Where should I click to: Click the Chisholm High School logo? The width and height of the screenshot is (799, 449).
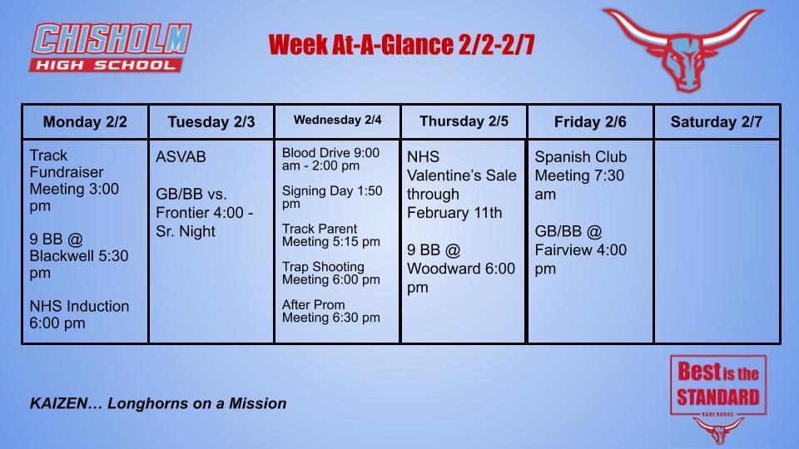(112, 47)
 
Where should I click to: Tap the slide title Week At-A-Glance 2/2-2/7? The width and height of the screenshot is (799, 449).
(401, 45)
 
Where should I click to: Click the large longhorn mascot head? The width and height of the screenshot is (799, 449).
(682, 48)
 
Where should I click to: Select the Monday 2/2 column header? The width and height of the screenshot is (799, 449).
(85, 122)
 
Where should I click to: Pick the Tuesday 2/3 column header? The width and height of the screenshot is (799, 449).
(211, 122)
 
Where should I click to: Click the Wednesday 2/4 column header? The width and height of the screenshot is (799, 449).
(337, 121)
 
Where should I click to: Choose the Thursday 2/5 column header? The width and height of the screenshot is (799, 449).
(464, 121)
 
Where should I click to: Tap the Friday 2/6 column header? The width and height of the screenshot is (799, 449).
(590, 122)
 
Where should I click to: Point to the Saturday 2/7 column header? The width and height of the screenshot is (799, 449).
(717, 122)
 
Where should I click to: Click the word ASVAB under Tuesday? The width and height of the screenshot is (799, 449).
(181, 157)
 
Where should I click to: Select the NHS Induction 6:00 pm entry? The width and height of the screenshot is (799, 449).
(79, 314)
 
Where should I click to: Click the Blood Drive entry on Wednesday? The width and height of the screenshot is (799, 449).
(330, 159)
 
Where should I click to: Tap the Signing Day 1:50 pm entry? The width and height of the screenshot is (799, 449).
(332, 197)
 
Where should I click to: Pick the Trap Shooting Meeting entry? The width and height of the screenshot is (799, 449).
(330, 273)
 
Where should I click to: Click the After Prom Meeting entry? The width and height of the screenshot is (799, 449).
(330, 311)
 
